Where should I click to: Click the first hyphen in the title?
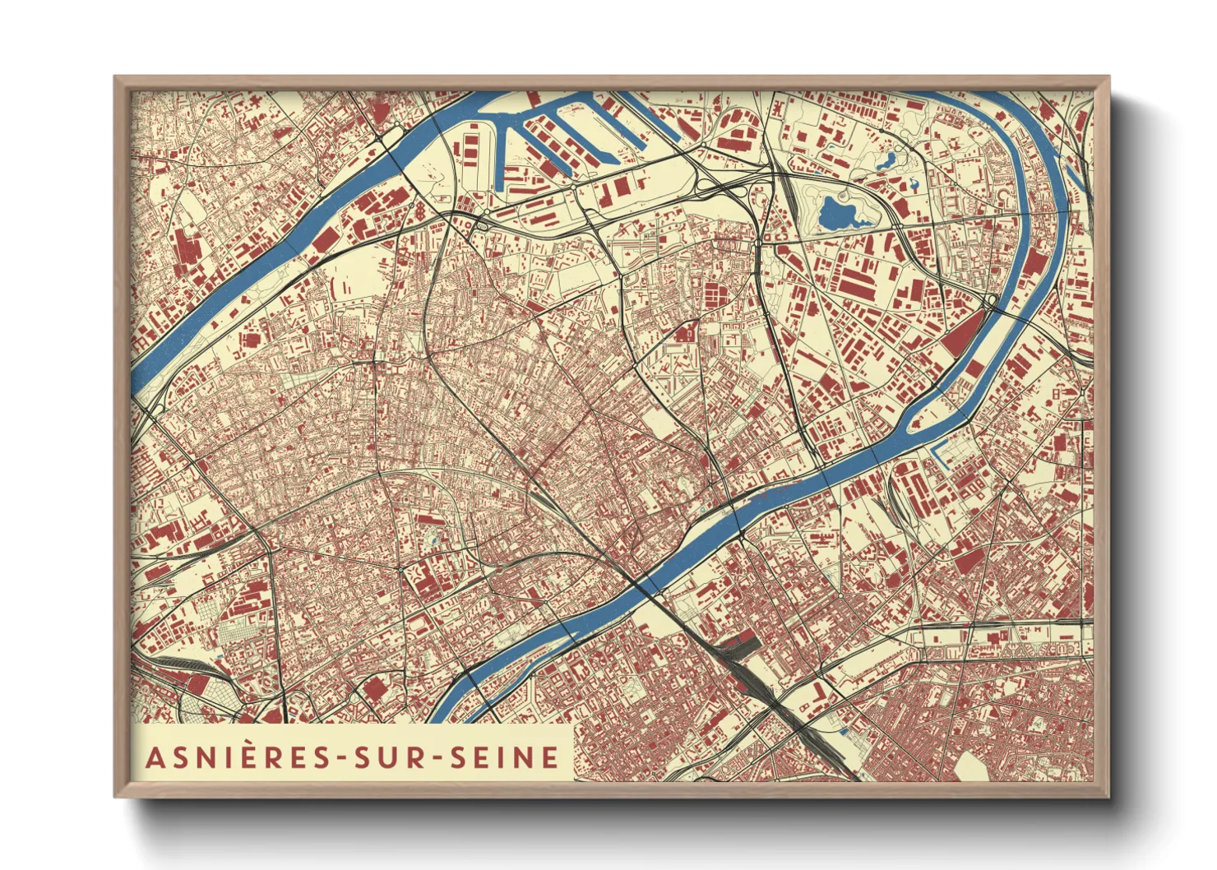tap(344, 758)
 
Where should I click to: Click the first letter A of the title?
tap(154, 757)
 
